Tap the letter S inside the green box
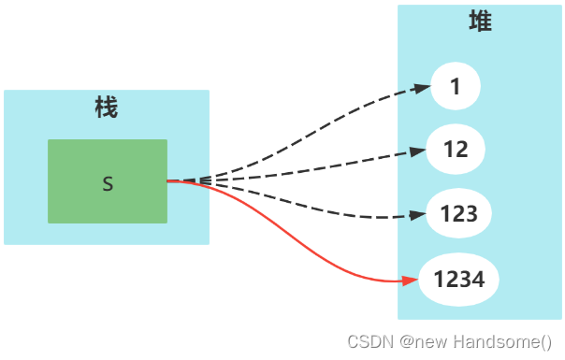pos(108,184)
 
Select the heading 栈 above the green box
pos(107,108)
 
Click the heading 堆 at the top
pos(480,22)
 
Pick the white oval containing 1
pos(456,87)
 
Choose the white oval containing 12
pos(456,150)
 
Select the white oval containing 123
pos(458,213)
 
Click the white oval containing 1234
pos(458,279)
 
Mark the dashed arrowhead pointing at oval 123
pos(419,216)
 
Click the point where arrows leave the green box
pos(169,180)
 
